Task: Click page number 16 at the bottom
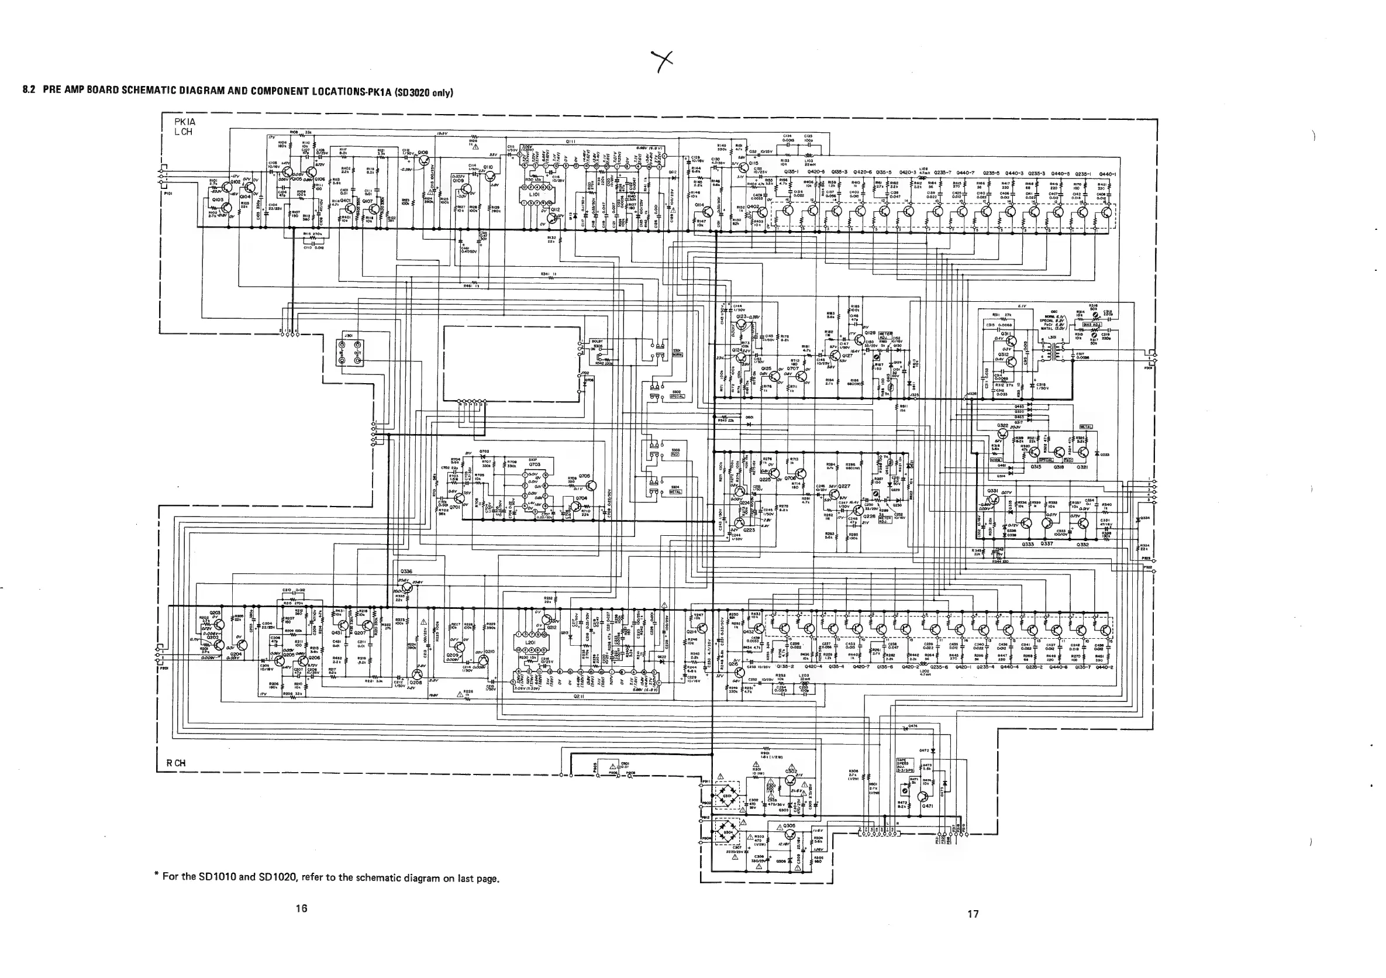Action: click(301, 908)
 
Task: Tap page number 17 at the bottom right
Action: click(973, 914)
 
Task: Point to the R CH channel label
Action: click(175, 763)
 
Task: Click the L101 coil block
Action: click(535, 194)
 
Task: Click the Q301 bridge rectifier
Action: click(729, 796)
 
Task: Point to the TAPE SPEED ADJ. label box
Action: click(904, 765)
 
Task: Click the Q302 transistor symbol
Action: click(791, 781)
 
